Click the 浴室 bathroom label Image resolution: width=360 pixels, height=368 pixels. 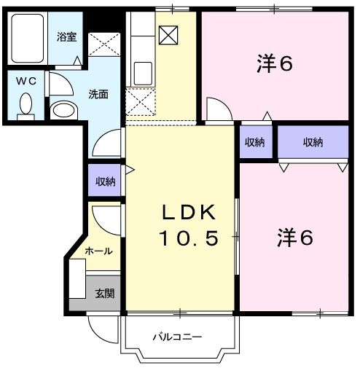pyautogui.click(x=67, y=37)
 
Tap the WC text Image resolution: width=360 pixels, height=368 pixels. pyautogui.click(x=26, y=82)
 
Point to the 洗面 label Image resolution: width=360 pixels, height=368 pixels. pyautogui.click(x=98, y=94)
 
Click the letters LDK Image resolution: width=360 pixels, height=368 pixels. pyautogui.click(x=188, y=213)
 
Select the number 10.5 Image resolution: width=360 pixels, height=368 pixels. pyautogui.click(x=188, y=238)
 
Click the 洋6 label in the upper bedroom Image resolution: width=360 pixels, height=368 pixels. pyautogui.click(x=274, y=65)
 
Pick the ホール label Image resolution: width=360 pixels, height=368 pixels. pyautogui.click(x=98, y=251)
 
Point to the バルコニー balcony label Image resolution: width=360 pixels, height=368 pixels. pyautogui.click(x=177, y=337)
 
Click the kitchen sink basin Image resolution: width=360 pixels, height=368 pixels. pyautogui.click(x=143, y=73)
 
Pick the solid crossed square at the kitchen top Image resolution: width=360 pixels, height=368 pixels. pyautogui.click(x=168, y=35)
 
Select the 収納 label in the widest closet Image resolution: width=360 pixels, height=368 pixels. pyautogui.click(x=313, y=142)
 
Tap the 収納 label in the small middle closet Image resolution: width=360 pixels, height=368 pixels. pyautogui.click(x=254, y=142)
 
